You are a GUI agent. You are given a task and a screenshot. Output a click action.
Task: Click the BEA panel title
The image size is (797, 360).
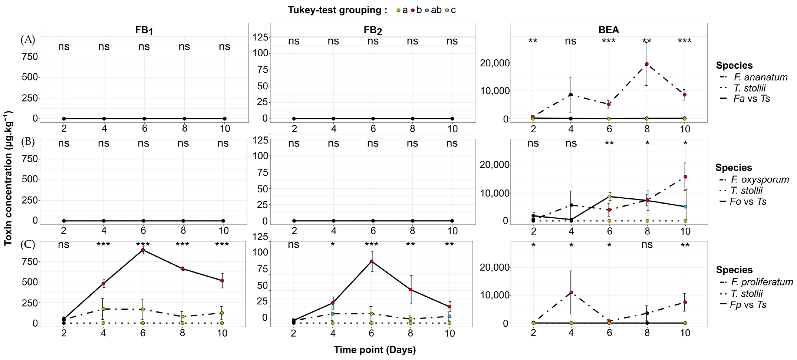click(609, 30)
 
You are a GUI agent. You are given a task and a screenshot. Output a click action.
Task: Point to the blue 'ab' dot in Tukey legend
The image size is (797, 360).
click(427, 10)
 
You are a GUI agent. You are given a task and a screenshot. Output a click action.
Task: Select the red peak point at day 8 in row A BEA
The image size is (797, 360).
click(647, 64)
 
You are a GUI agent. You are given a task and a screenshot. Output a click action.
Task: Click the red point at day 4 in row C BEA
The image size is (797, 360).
click(571, 292)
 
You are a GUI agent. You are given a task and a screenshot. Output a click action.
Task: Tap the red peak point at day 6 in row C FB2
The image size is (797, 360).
click(372, 261)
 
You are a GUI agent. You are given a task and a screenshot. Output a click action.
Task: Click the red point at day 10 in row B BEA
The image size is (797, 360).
click(685, 177)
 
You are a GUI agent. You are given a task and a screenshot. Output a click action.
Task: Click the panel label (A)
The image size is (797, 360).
click(28, 40)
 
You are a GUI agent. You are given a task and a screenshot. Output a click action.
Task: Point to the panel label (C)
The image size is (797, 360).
click(28, 244)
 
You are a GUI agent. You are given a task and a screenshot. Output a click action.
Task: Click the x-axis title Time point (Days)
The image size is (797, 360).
click(375, 350)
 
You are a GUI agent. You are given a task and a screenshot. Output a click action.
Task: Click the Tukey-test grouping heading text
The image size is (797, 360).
click(338, 10)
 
